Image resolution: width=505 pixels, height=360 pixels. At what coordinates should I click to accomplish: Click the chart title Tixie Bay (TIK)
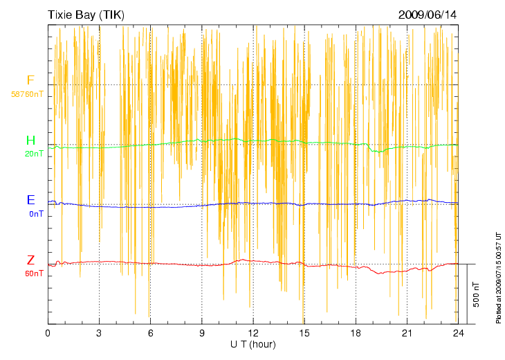tap(86, 15)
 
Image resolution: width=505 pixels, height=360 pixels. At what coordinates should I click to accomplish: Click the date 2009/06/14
tap(428, 15)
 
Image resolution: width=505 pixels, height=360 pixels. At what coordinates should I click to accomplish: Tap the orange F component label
tap(30, 80)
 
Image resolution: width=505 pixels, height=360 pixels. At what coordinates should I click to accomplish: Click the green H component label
tap(30, 141)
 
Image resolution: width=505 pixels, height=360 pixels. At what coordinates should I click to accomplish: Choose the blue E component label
tap(30, 200)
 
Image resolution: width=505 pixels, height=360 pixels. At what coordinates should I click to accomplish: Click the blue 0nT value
tap(37, 214)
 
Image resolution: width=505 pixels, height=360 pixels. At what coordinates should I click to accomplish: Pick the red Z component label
tap(30, 260)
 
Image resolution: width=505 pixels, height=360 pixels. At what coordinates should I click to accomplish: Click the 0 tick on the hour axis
tap(48, 333)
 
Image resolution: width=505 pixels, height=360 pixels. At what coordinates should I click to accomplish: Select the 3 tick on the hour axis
tap(99, 333)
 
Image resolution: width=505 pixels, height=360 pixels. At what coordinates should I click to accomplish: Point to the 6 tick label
tap(150, 333)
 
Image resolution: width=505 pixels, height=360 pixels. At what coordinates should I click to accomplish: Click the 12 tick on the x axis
tap(252, 333)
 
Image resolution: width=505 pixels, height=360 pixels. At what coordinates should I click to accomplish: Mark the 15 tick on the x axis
tap(304, 333)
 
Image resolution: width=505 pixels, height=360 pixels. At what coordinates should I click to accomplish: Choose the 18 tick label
tap(355, 333)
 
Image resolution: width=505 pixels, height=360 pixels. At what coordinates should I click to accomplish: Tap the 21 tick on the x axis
tap(406, 333)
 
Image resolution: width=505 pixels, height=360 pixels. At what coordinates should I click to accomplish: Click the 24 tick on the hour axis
tap(457, 333)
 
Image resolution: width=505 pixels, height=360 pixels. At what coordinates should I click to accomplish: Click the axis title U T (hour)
tap(253, 344)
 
